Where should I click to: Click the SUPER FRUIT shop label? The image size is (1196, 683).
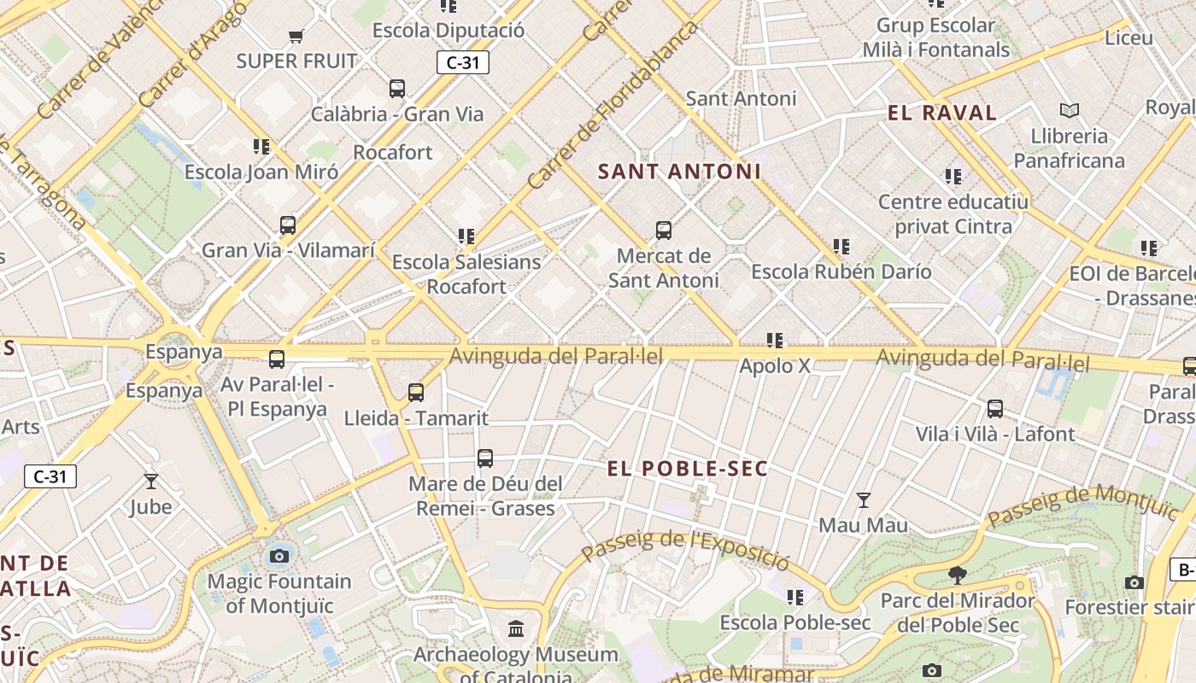[296, 61]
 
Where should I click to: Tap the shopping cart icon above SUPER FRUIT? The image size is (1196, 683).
[296, 36]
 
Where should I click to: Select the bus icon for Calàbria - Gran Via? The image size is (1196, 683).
[397, 88]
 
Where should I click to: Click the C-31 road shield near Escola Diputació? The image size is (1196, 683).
[463, 62]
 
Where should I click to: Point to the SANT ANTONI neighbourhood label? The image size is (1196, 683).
[679, 172]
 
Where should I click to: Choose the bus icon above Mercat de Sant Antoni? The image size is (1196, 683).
[664, 230]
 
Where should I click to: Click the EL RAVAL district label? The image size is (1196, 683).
[942, 113]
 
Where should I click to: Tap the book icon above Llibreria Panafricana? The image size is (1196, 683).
[1070, 110]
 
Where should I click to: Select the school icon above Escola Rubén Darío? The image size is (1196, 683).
[841, 247]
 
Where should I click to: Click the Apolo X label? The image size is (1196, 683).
[775, 366]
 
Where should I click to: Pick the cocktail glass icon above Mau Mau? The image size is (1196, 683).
[864, 499]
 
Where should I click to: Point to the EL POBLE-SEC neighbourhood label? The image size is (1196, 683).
[688, 469]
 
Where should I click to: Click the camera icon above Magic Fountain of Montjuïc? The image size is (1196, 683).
[278, 557]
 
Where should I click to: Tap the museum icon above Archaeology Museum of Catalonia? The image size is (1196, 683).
[516, 629]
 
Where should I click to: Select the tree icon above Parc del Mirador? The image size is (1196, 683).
[958, 575]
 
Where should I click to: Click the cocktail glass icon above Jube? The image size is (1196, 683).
[151, 482]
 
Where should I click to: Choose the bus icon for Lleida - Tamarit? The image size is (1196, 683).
[416, 393]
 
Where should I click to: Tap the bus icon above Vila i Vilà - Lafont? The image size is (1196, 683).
[995, 408]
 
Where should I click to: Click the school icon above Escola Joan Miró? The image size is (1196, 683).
[261, 146]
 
